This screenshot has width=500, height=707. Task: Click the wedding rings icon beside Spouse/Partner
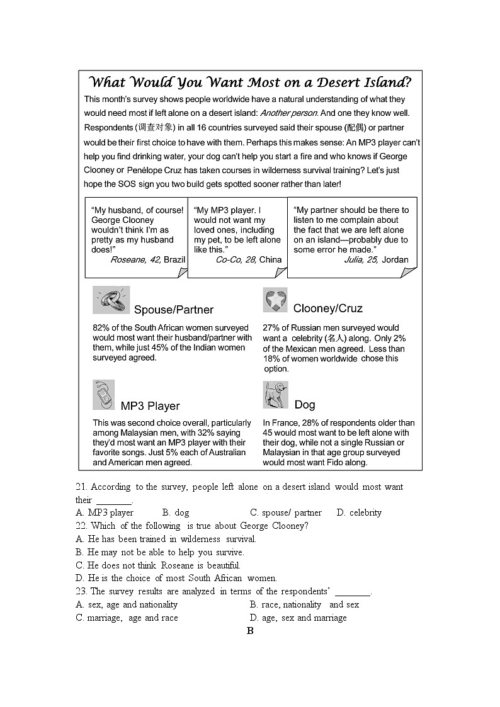coord(111,300)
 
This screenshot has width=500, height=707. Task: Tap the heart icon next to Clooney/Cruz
coord(275,300)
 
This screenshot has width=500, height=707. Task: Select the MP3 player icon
coord(103,395)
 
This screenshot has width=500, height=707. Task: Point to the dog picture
coord(275,395)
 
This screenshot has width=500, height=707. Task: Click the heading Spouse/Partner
coord(173,310)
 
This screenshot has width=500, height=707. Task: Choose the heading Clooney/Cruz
coord(327,308)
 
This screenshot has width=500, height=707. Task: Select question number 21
coord(81,487)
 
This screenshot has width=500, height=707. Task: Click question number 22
coord(81,526)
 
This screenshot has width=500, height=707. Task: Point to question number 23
coord(81,591)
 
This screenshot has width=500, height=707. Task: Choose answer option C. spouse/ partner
coord(285,512)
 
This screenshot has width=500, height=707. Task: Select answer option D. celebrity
coord(359,512)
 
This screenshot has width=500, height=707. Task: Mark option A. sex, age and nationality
coord(127,604)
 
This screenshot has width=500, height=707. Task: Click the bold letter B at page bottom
coord(250,631)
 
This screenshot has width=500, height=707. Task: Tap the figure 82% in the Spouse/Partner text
coord(101,328)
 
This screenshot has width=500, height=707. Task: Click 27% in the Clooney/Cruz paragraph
coord(271,328)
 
